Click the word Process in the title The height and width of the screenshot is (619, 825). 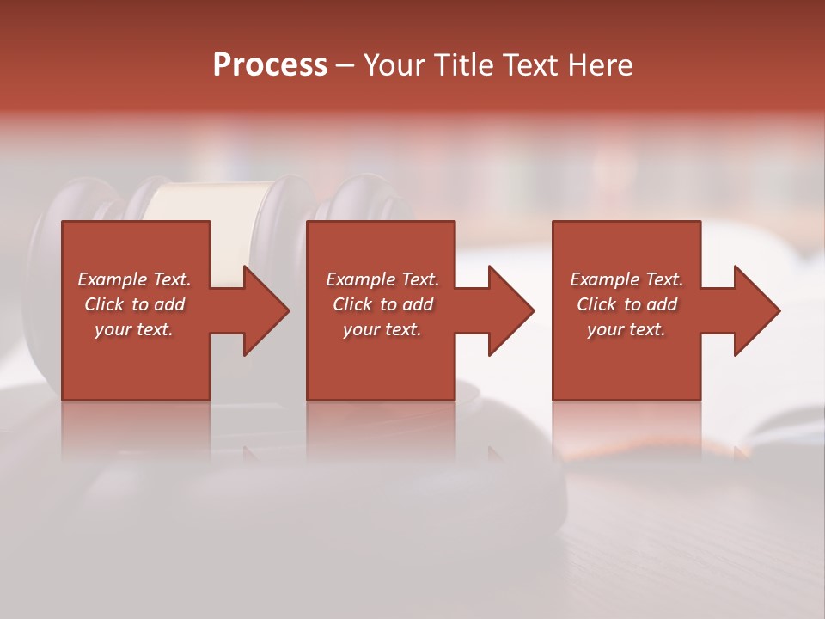pyautogui.click(x=270, y=65)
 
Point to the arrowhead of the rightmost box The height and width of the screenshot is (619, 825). pyautogui.click(x=755, y=310)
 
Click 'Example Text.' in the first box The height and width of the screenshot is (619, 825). pyautogui.click(x=134, y=279)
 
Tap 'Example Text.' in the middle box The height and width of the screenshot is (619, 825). pyautogui.click(x=382, y=279)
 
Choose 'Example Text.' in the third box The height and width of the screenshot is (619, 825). pyautogui.click(x=626, y=279)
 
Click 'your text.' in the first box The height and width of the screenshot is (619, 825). pyautogui.click(x=134, y=329)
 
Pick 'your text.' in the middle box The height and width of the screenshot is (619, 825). pyautogui.click(x=382, y=329)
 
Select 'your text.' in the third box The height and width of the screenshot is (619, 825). pyautogui.click(x=626, y=329)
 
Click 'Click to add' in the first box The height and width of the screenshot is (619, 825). pyautogui.click(x=134, y=304)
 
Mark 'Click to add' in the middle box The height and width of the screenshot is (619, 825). pyautogui.click(x=382, y=304)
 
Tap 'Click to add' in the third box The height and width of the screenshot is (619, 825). pyautogui.click(x=626, y=304)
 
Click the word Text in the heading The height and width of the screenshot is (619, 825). pyautogui.click(x=524, y=65)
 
